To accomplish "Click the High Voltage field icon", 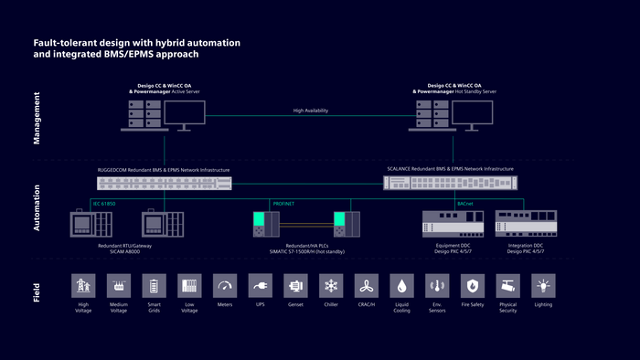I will coord(84,286).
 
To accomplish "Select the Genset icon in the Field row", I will coord(295,286).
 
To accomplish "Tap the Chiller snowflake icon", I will coord(331,286).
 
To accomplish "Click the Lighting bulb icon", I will coord(543,286).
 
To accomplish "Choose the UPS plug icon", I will coord(261,286).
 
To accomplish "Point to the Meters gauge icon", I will coord(225,286).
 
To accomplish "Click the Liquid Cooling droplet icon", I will coord(401,286).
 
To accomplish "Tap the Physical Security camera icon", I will coord(508,286).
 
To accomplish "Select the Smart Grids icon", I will coord(155,286).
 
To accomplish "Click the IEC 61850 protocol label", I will coord(104,204).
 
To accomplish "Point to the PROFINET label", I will coord(284,204).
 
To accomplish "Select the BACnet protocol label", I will coord(464,204).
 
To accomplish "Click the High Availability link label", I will coord(310,111).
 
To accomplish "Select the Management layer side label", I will coord(37,119).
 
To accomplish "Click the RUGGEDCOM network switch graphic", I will coord(165,183).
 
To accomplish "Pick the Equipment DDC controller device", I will coord(451,224).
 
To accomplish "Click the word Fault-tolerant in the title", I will coord(58,43).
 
